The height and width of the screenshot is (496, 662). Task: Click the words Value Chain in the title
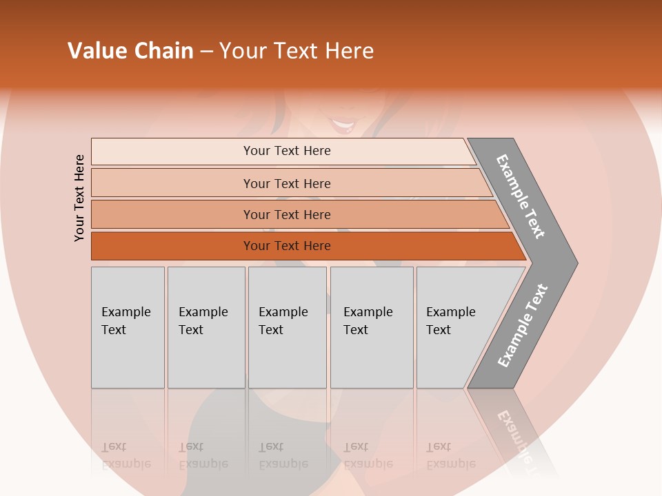(x=130, y=51)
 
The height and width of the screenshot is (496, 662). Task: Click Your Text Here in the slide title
(x=297, y=51)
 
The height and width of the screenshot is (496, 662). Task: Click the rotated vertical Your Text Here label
(x=79, y=198)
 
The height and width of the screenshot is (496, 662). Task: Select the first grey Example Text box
(x=128, y=327)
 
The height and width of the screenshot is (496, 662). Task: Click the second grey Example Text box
(x=206, y=327)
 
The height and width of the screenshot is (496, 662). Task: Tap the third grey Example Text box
(x=287, y=327)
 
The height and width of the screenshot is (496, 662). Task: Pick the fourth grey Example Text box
(x=372, y=327)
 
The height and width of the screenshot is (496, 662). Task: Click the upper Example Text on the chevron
(x=521, y=196)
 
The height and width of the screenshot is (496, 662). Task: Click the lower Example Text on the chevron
(x=523, y=326)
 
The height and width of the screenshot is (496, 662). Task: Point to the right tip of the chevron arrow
(x=576, y=263)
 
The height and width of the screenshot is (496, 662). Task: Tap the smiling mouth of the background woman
(x=343, y=125)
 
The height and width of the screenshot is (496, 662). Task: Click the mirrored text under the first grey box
(x=126, y=456)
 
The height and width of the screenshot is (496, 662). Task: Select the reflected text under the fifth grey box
(x=451, y=456)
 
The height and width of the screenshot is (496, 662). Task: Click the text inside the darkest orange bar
(x=287, y=246)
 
